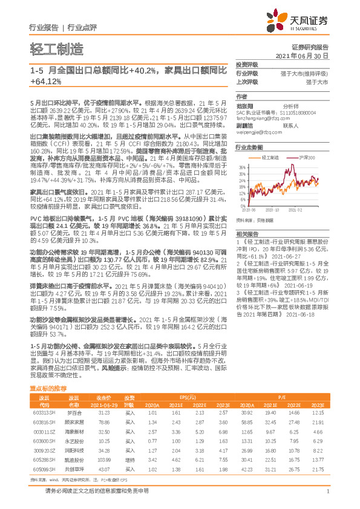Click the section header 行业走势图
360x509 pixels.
coord(249,147)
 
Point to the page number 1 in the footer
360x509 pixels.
coord(327,497)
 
